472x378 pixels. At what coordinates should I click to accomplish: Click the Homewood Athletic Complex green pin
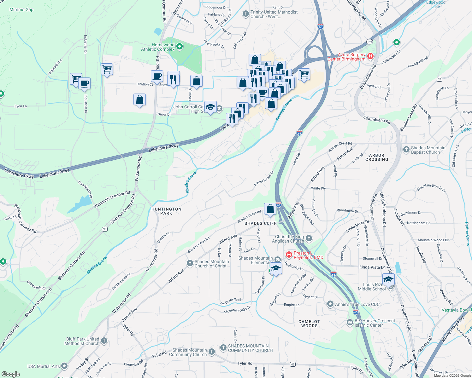coord(180,47)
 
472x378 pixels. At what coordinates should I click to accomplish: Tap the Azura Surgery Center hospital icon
coord(370,56)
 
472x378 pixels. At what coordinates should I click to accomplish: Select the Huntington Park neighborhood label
coord(166,211)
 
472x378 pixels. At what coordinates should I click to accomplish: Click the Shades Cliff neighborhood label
coord(260,223)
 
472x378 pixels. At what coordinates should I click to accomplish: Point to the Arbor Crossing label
coord(377,157)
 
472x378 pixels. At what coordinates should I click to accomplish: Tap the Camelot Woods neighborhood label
coord(309,324)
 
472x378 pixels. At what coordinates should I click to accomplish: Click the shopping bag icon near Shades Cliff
coord(270,209)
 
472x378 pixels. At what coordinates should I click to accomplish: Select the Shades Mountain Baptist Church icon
coord(406,150)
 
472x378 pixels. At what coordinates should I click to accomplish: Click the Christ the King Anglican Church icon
coord(309,238)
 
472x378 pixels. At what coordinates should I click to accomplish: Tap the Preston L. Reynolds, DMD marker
coord(289,255)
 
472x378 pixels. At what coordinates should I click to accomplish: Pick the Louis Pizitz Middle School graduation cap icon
coord(388,279)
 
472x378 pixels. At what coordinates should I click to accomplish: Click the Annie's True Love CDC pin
coord(330,304)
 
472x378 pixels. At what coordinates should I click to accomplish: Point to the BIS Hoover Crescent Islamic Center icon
coord(350,323)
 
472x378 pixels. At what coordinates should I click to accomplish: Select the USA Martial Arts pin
coord(64,366)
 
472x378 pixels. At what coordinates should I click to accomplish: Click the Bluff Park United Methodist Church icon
coord(104,341)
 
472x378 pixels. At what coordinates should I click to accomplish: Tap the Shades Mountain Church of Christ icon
coord(190,263)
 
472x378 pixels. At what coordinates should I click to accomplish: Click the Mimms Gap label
coord(21,9)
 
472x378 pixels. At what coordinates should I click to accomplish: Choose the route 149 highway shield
coord(369,42)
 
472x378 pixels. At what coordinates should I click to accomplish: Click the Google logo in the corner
coord(10,374)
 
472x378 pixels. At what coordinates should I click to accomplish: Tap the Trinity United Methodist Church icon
coord(245,14)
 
